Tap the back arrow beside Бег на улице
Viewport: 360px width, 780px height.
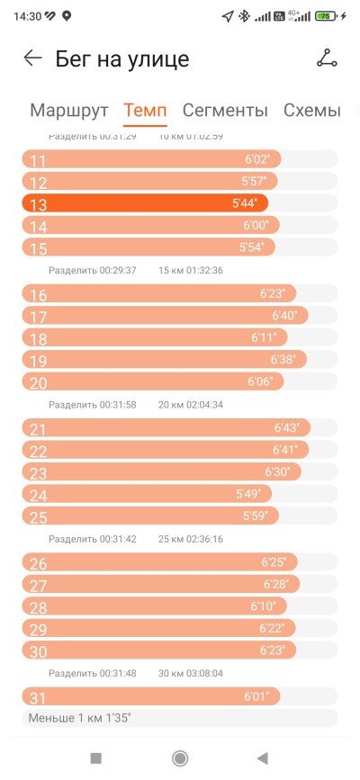pos(33,58)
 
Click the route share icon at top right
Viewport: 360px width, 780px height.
pos(327,58)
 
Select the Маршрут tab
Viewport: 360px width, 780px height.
pos(69,111)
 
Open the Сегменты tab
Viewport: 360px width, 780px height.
pos(225,111)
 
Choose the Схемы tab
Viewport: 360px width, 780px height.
pos(312,111)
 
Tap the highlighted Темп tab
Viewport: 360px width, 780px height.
pos(145,111)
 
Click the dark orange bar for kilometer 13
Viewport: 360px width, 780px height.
pos(145,203)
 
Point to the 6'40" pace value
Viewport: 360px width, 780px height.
pos(284,316)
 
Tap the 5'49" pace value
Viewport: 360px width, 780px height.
pos(248,494)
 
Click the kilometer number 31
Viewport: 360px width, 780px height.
pos(38,698)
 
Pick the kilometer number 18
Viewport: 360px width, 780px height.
pos(39,339)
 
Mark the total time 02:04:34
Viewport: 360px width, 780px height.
pos(204,405)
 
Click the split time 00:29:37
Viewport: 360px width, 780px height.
pos(118,271)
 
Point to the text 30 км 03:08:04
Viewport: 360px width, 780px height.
pos(191,674)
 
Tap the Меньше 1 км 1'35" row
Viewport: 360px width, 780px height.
pos(180,718)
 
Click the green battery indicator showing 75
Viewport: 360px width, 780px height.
pos(326,16)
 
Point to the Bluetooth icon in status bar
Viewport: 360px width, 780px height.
pos(244,16)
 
